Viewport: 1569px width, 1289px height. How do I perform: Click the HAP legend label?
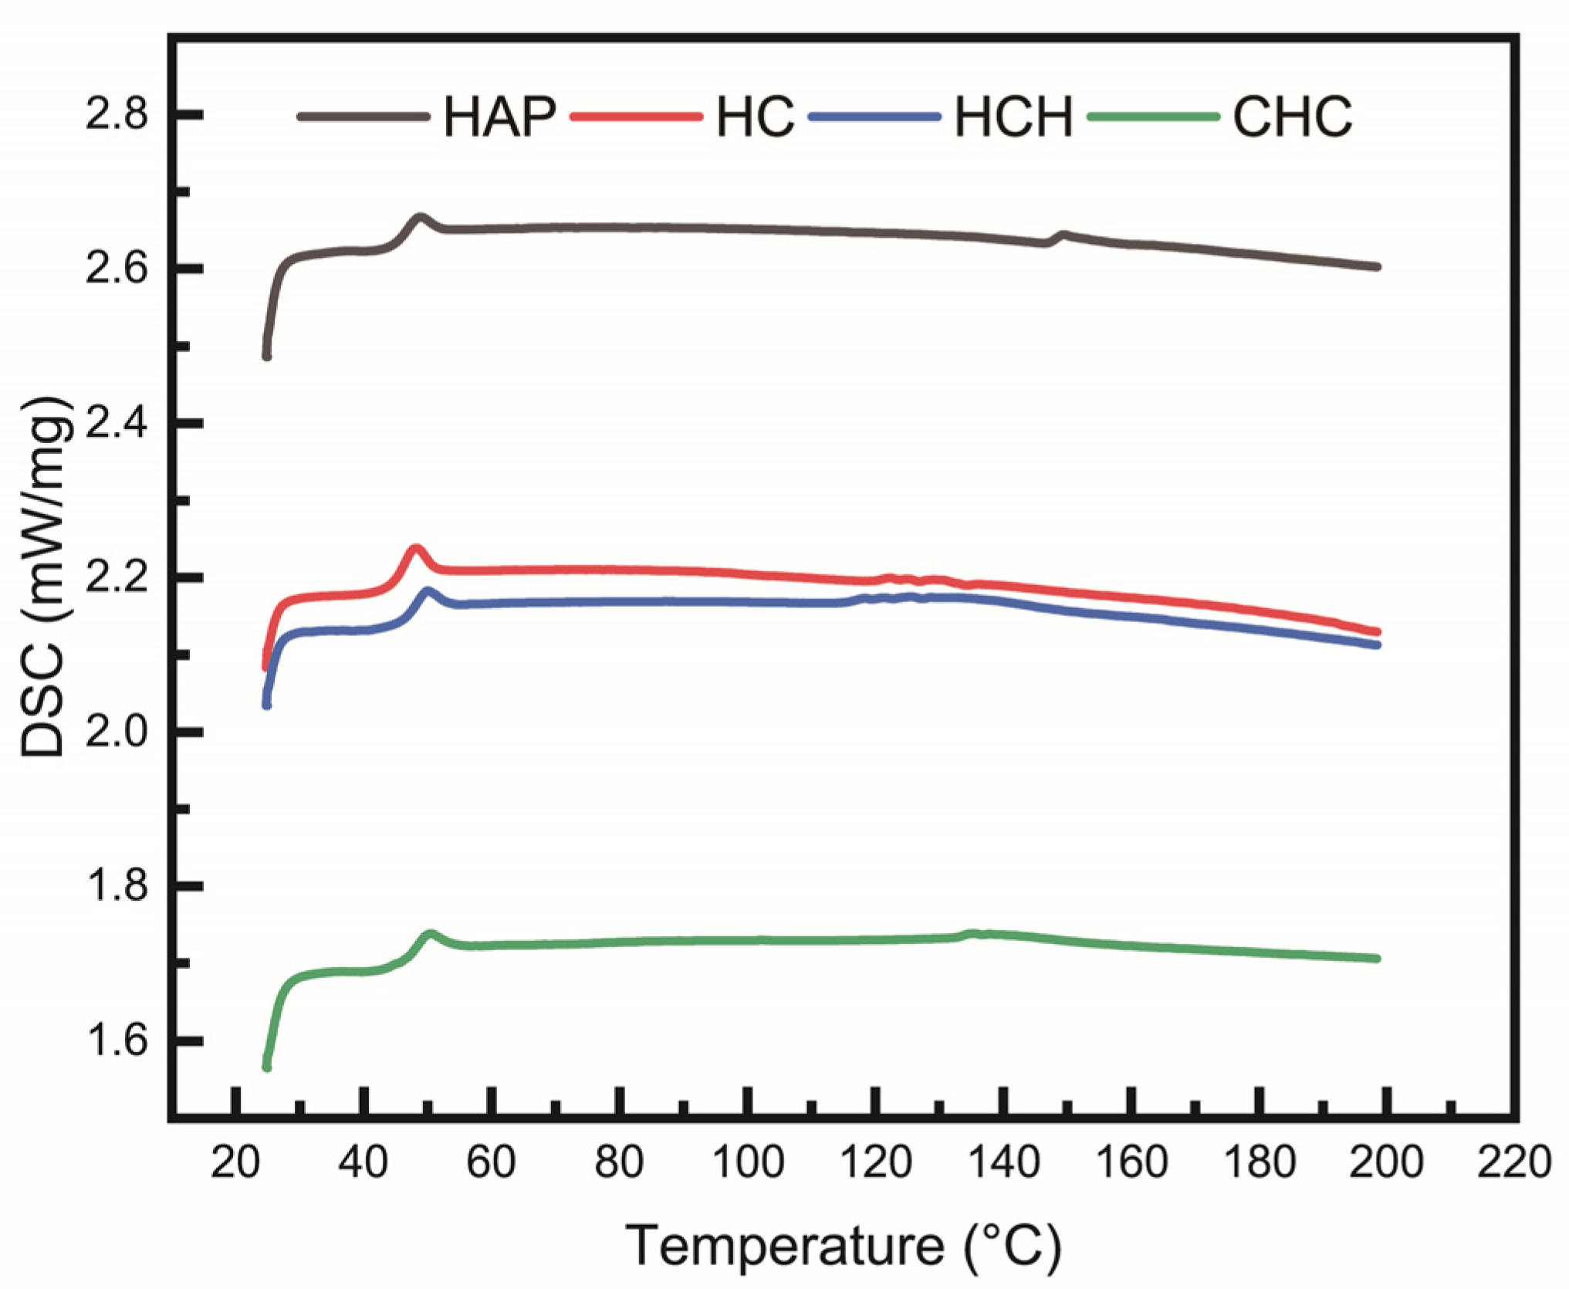click(499, 117)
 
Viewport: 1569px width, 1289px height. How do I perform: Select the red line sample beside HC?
click(636, 117)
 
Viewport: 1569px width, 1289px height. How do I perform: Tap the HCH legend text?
click(1013, 117)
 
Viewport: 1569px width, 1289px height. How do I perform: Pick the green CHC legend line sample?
click(1153, 117)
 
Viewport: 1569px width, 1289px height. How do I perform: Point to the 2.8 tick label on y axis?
click(116, 115)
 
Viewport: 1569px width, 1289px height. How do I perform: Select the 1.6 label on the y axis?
click(116, 1040)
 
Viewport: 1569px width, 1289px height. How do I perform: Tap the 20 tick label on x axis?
click(235, 1162)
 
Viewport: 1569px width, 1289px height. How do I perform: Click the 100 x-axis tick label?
click(747, 1162)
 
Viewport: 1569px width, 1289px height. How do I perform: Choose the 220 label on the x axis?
click(1513, 1162)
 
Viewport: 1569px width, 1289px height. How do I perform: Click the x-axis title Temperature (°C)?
click(843, 1245)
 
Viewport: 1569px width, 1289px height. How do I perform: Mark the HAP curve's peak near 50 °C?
click(420, 218)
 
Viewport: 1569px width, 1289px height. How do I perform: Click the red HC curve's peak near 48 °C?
click(416, 549)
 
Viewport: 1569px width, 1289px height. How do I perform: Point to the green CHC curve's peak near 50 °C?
click(430, 935)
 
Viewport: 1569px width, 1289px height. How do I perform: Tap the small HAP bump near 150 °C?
click(1063, 234)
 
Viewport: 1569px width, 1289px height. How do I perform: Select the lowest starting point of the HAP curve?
click(267, 357)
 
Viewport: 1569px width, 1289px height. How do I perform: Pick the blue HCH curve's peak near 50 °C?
click(428, 592)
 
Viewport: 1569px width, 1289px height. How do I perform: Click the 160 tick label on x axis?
click(1131, 1162)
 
